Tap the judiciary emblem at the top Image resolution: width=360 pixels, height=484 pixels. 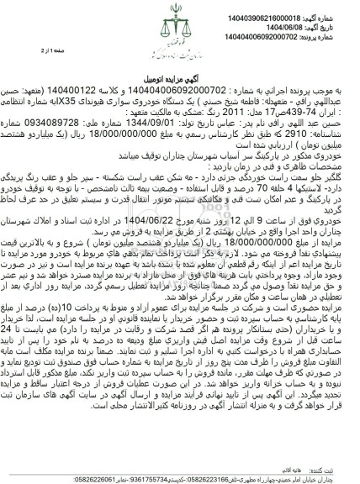point(178,18)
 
